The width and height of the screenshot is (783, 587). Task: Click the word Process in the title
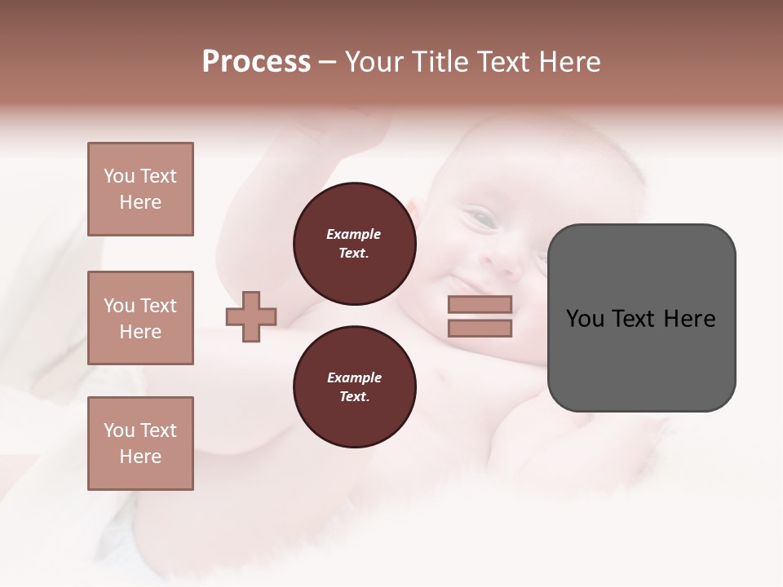coord(256,62)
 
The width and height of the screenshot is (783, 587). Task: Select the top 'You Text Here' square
coord(140,189)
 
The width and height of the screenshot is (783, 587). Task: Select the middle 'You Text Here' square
coord(140,318)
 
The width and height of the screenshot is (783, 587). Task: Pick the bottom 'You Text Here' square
coord(140,443)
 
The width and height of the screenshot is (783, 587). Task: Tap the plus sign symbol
coord(251,316)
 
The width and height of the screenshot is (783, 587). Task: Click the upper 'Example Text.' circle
coord(354,244)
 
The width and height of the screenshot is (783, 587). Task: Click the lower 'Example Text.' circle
coord(354,387)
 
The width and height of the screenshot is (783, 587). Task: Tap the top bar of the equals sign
coord(480,304)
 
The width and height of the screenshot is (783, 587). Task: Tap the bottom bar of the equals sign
coord(480,329)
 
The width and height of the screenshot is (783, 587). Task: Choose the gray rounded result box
coord(641,318)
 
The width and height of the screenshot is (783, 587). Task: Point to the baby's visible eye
coord(481,218)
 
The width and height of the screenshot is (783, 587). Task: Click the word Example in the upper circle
coord(354,234)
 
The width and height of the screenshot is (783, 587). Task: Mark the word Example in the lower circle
coord(354,377)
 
